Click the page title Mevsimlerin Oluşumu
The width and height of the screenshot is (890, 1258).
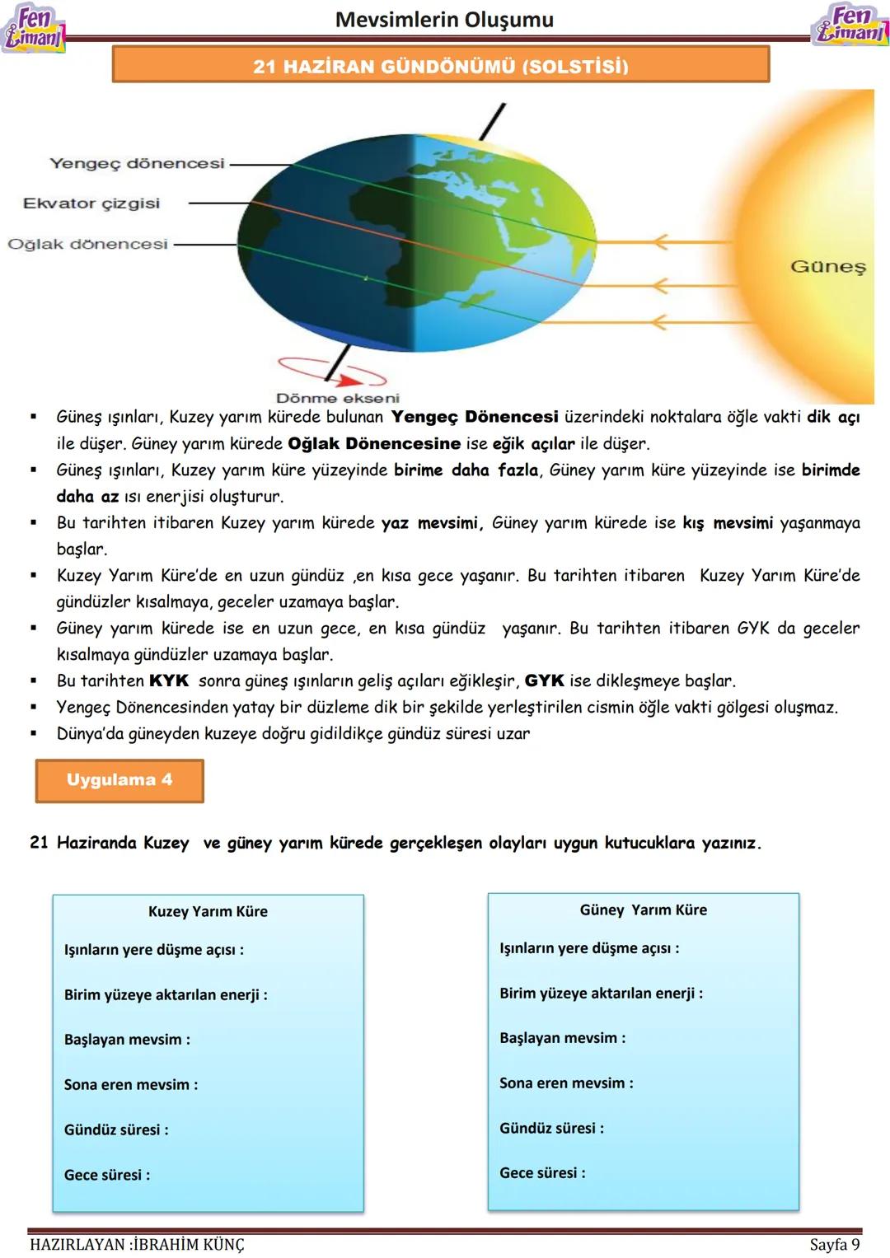click(444, 20)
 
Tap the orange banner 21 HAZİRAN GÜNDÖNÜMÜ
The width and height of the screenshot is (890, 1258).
click(441, 65)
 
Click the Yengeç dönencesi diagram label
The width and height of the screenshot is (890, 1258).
click(137, 163)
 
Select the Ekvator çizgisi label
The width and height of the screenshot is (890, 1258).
click(91, 203)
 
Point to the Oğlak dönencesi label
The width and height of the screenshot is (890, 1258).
click(87, 244)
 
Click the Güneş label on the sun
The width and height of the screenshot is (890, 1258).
click(828, 266)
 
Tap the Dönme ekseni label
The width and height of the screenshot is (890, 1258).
click(337, 398)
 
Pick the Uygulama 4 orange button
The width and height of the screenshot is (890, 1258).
click(119, 780)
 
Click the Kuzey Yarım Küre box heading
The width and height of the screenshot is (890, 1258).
click(208, 911)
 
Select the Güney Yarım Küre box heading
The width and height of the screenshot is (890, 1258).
click(643, 910)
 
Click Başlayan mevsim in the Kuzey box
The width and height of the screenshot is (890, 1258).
click(127, 1040)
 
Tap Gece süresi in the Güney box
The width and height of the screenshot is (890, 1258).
click(542, 1172)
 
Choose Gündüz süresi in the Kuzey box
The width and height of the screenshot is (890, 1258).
click(116, 1129)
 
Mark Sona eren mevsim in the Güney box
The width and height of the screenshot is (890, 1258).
click(566, 1083)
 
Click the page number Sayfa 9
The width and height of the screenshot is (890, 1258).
click(834, 1244)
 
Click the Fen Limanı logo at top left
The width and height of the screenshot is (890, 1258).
click(33, 29)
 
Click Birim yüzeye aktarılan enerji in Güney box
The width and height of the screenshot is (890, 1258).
click(601, 993)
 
